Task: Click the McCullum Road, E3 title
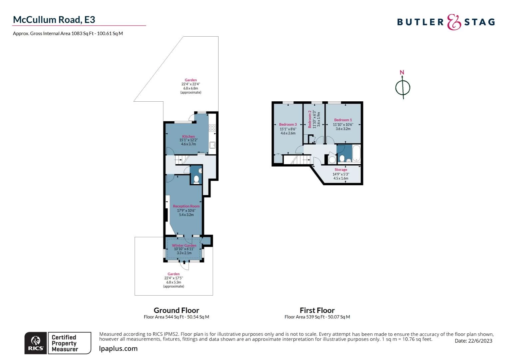tap(54, 20)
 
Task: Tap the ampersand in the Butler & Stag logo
tap(454, 22)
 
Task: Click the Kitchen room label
tap(188, 136)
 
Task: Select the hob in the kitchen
tap(212, 128)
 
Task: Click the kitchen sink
tap(212, 145)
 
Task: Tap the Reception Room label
tap(186, 206)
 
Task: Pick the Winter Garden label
tap(184, 245)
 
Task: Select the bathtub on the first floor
tap(356, 153)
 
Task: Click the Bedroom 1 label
tap(343, 120)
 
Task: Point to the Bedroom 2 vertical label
tap(309, 119)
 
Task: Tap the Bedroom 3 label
tap(288, 124)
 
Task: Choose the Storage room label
tap(341, 170)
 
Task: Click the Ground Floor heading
tap(176, 310)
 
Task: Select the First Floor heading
tap(317, 310)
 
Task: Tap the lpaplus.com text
tap(118, 349)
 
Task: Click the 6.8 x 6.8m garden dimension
tap(191, 88)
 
